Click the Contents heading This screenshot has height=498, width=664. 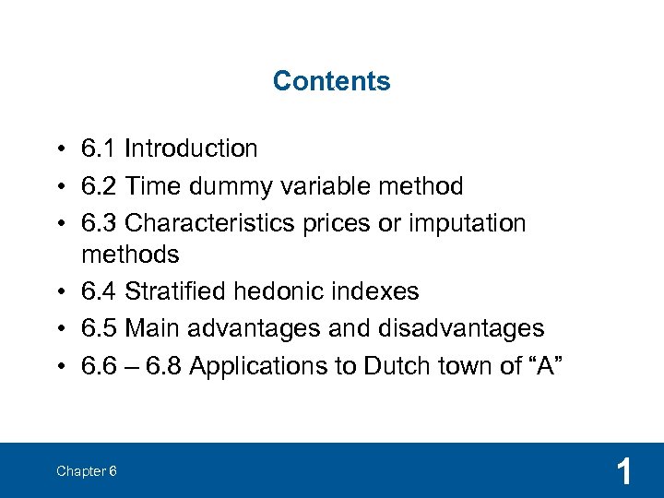[x=331, y=81]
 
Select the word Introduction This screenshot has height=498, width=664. [x=191, y=148]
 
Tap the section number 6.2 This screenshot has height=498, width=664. [x=99, y=186]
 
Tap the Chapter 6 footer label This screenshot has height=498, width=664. [x=86, y=471]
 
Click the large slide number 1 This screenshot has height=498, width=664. [x=624, y=472]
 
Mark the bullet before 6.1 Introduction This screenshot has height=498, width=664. [x=58, y=149]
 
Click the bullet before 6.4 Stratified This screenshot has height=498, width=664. [x=58, y=292]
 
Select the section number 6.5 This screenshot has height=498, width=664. [x=99, y=328]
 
